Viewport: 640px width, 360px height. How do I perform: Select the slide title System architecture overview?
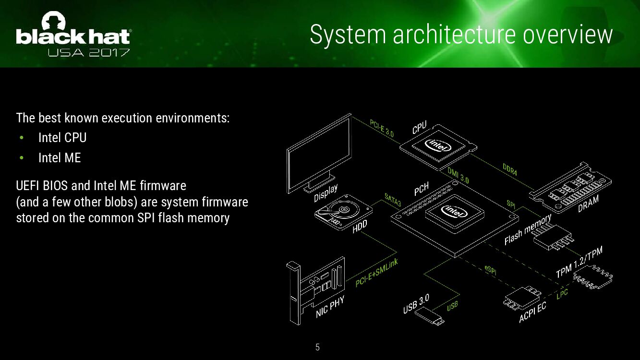pos(461,35)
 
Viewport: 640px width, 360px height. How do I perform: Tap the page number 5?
pos(317,347)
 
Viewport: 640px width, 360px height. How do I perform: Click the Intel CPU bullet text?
pos(62,138)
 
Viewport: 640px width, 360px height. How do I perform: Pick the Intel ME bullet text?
pos(60,157)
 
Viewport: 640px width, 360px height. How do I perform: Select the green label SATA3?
pos(392,200)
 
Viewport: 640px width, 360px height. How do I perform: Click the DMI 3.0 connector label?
pos(458,175)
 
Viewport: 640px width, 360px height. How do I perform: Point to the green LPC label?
pos(562,294)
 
